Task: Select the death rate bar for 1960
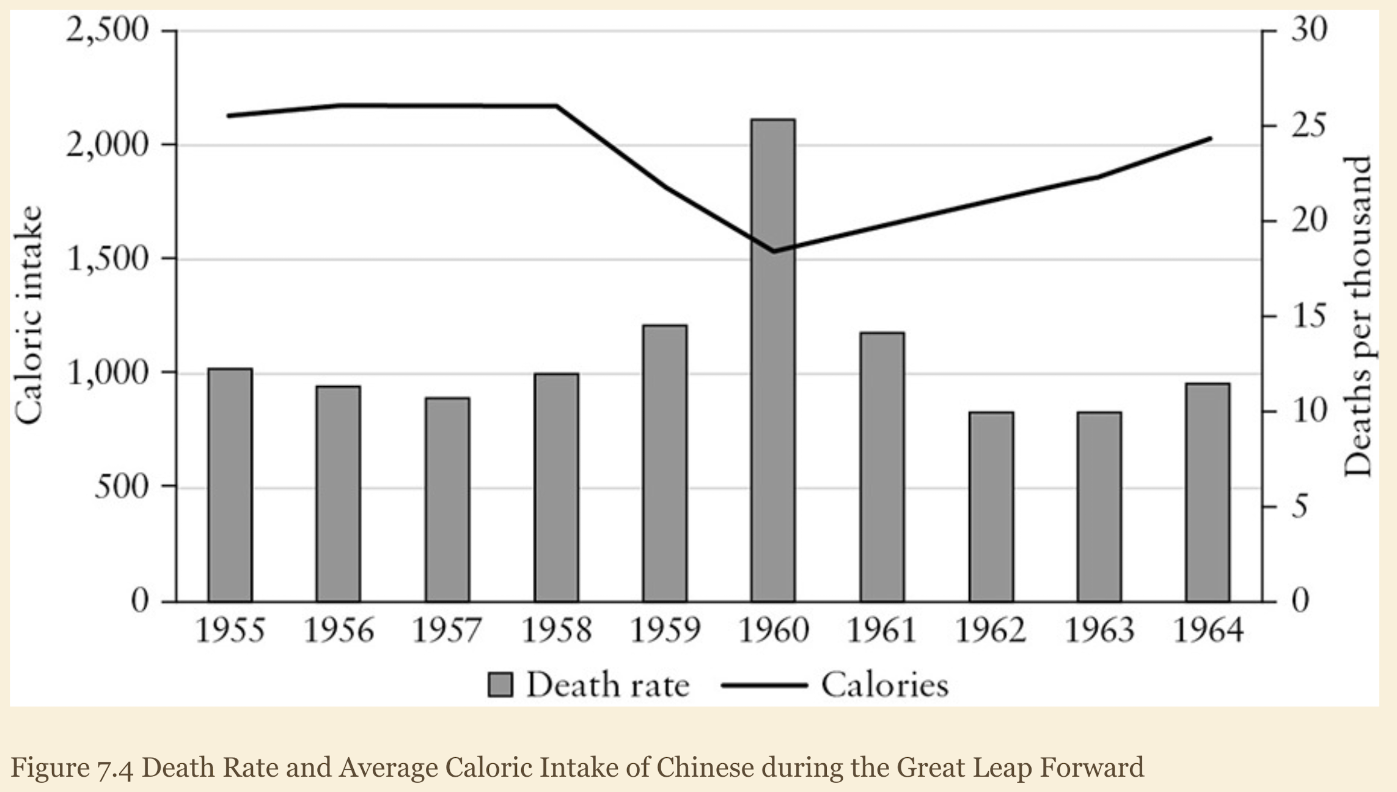click(773, 361)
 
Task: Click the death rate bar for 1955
click(230, 485)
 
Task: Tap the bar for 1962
click(991, 507)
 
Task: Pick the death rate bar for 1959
click(665, 463)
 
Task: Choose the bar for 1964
click(1208, 493)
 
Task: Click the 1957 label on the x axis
click(447, 630)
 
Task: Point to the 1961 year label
click(882, 630)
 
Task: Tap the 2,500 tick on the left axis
click(107, 29)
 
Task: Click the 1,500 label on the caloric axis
click(107, 258)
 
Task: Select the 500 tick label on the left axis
click(122, 487)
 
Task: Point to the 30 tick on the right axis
click(1309, 29)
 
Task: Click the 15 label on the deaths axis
click(1309, 315)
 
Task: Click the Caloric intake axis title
click(29, 315)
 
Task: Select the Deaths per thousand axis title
click(1358, 317)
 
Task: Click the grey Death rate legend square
click(500, 684)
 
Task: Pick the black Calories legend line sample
click(765, 685)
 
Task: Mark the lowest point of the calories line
click(774, 251)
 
